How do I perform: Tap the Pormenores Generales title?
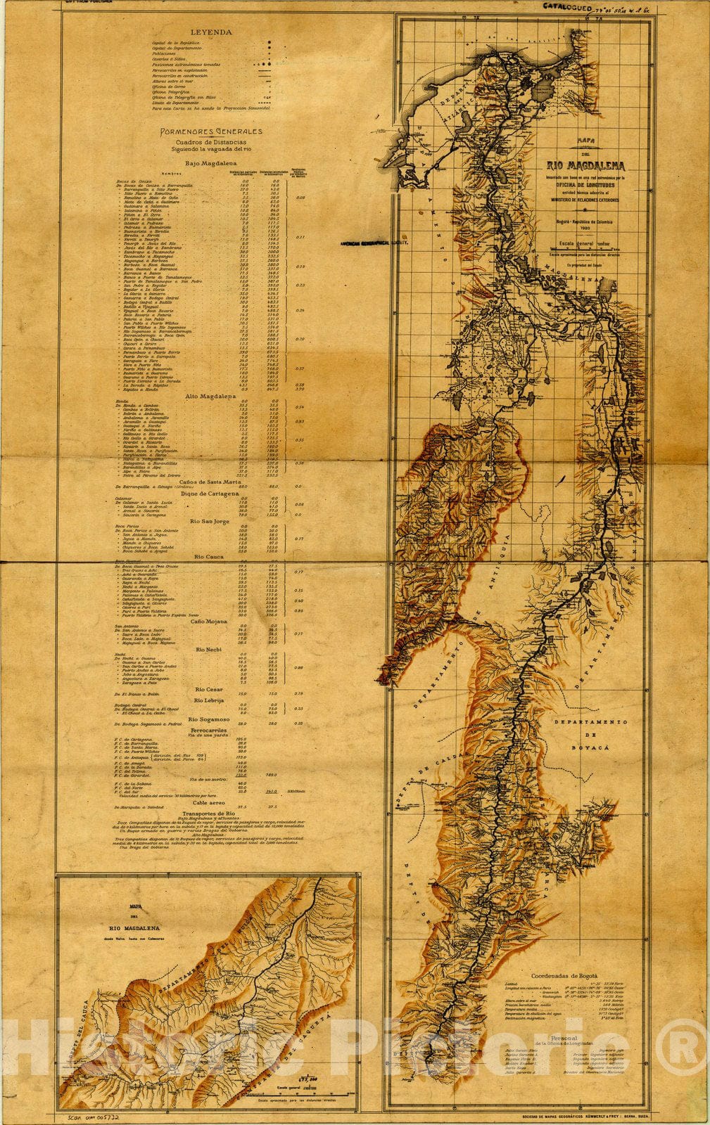210,131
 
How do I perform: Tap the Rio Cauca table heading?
210,557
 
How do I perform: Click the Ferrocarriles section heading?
210,731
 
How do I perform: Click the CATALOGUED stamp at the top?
567,6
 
